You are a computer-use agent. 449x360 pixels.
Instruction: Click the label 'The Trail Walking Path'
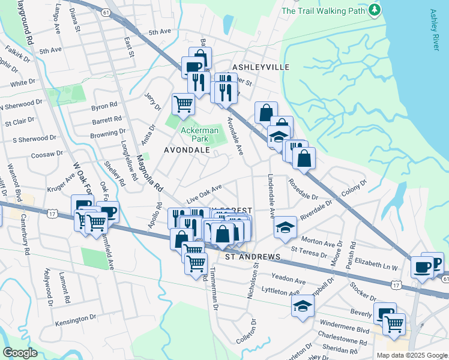pos(323,10)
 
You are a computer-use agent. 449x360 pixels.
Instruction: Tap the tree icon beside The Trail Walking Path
pos(375,10)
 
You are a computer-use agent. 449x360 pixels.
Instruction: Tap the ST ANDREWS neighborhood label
pos(253,257)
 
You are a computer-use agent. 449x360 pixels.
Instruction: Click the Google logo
pos(20,353)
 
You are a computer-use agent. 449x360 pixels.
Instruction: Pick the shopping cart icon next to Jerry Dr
pos(183,103)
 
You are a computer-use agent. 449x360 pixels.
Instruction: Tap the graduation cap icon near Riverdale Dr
pos(285,227)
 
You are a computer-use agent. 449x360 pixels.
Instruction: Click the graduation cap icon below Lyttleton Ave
pos(303,306)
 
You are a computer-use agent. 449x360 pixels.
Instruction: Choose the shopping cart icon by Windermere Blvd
pos(394,324)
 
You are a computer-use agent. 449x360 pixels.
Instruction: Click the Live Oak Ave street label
pos(204,193)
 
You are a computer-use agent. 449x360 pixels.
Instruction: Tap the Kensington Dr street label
pos(76,323)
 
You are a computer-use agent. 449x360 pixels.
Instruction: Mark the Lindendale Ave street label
pos(271,196)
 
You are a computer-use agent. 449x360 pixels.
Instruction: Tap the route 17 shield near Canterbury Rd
pos(53,213)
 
